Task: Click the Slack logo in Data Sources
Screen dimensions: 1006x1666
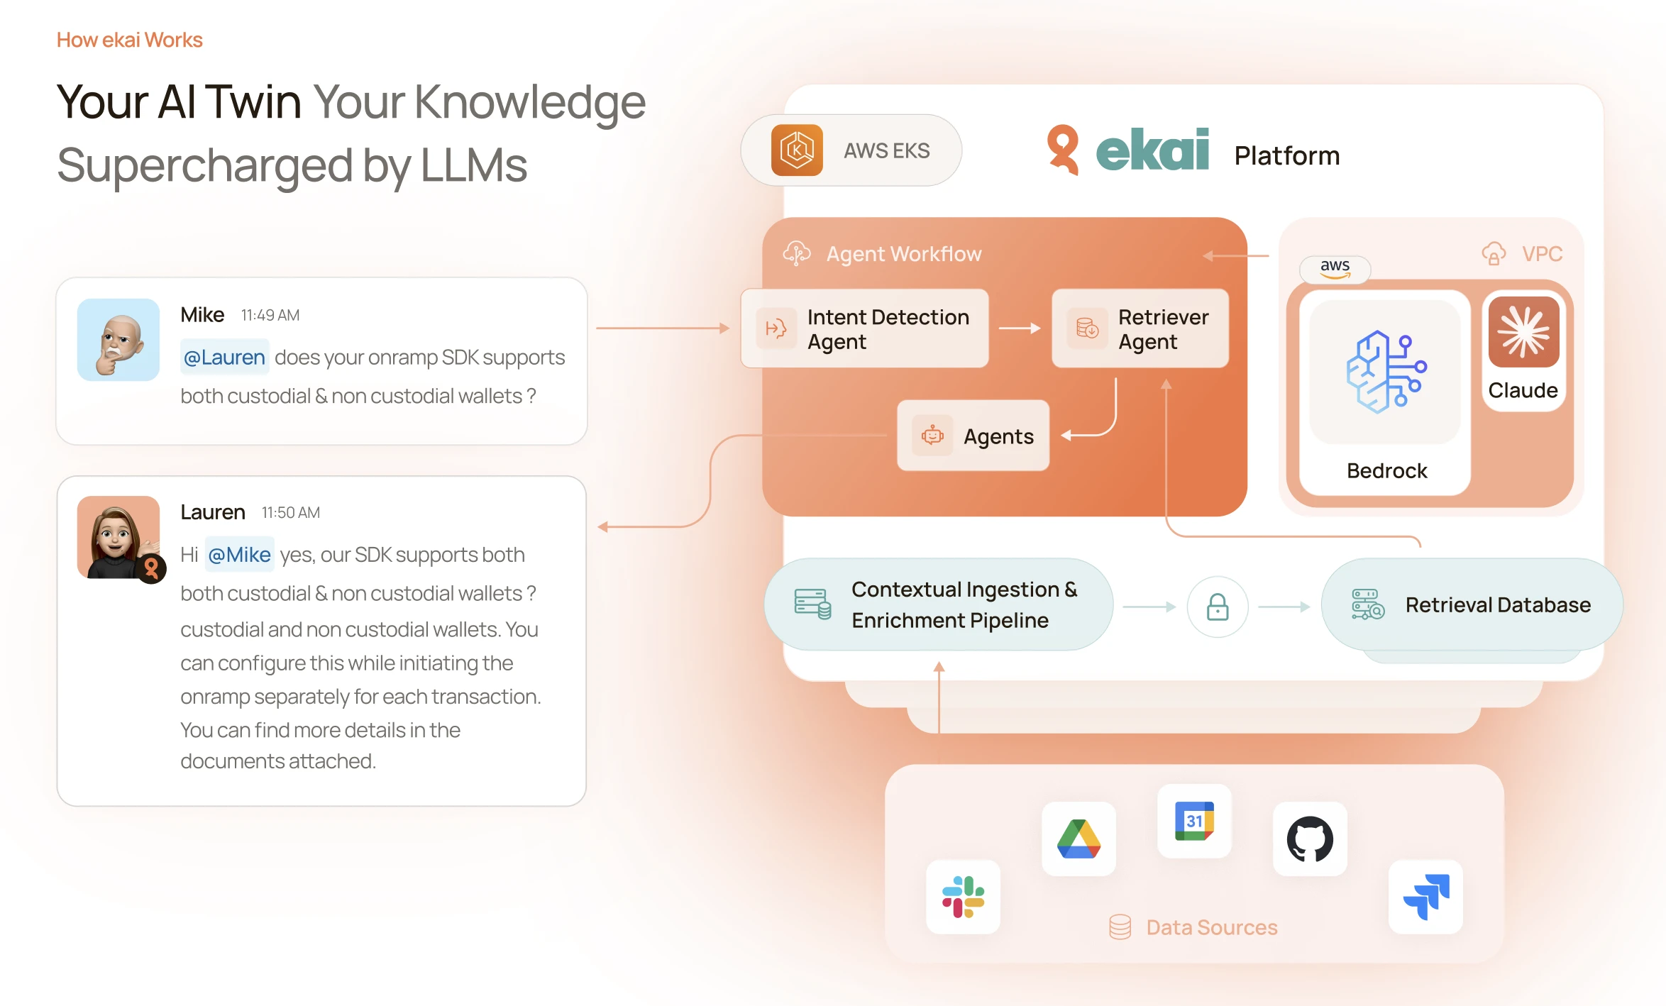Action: click(963, 897)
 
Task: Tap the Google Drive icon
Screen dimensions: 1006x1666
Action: click(1079, 839)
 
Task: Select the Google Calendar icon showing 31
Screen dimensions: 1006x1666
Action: click(1194, 821)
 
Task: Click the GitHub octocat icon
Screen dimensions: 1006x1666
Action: click(1310, 839)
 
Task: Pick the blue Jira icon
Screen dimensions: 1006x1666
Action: click(1426, 897)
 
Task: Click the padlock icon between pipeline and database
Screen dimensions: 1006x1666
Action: click(1218, 607)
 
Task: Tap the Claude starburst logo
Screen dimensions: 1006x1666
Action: click(1523, 332)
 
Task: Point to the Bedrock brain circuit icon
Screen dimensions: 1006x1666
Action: click(1385, 372)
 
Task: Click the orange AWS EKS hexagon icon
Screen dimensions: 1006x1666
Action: click(797, 150)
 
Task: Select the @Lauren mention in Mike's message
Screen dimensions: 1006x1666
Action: click(224, 358)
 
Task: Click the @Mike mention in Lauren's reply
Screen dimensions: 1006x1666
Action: click(239, 555)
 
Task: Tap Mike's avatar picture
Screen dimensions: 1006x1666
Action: click(118, 340)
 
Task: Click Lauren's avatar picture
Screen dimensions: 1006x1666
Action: click(118, 537)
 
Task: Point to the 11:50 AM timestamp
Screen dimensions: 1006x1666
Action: click(290, 512)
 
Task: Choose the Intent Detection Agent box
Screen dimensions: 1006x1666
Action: click(864, 328)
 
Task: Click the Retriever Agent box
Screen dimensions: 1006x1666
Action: click(1140, 328)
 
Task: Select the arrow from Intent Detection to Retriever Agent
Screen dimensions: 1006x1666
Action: click(1020, 328)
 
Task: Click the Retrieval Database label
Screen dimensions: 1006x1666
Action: click(1498, 605)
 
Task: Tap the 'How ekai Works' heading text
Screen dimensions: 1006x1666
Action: click(130, 40)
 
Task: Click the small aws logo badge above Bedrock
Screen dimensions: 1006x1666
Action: click(1335, 268)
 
